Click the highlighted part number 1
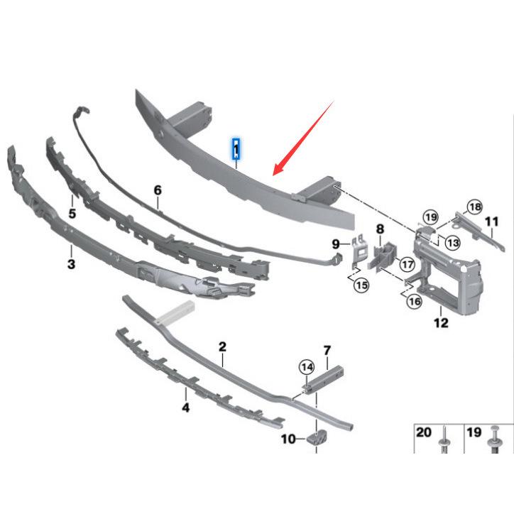(x=236, y=150)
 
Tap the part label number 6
(x=158, y=190)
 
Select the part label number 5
(x=72, y=213)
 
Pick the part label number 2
(x=222, y=347)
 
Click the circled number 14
(x=306, y=367)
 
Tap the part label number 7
(x=327, y=351)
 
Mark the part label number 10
(x=288, y=439)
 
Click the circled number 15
(x=361, y=285)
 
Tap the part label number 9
(x=336, y=244)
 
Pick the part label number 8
(x=380, y=229)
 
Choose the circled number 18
(x=474, y=207)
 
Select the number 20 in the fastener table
(x=423, y=432)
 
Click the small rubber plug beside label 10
(x=316, y=438)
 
